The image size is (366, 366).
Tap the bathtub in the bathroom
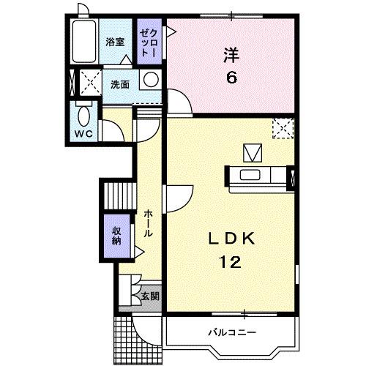(x=86, y=42)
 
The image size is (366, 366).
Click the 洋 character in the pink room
(x=230, y=54)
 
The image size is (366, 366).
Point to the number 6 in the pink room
(x=231, y=80)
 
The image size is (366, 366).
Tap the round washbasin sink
(x=151, y=81)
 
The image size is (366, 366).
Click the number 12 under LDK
(x=230, y=261)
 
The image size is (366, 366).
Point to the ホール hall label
(x=148, y=223)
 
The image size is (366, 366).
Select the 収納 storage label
(x=116, y=236)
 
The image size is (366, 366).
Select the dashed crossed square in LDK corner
(x=283, y=128)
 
